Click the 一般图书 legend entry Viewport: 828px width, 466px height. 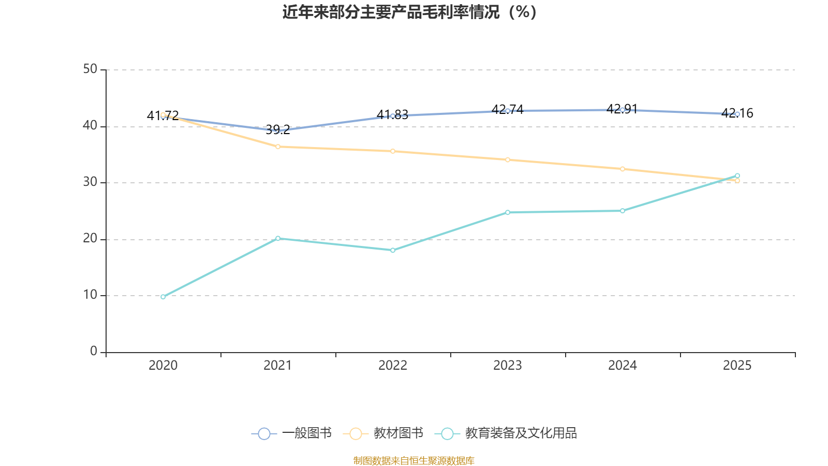coord(292,433)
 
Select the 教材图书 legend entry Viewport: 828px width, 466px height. coord(383,433)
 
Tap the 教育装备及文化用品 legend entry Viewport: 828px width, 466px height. coord(509,433)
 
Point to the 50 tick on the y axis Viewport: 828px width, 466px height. coord(90,69)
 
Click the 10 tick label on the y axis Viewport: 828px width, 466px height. coord(90,295)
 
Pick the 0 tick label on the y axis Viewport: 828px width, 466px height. coord(94,352)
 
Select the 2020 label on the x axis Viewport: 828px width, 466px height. coord(163,366)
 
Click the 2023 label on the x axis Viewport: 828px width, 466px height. coord(508,366)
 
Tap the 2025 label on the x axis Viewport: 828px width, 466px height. coord(737,366)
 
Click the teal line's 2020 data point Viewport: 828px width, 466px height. coord(163,297)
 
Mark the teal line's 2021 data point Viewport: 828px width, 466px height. coord(278,238)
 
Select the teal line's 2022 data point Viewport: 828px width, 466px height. coord(393,250)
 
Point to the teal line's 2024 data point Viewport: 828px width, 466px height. coord(623,211)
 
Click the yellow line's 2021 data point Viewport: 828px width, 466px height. coord(278,147)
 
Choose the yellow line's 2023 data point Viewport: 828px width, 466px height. coord(508,159)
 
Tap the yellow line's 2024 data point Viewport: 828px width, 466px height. coord(623,169)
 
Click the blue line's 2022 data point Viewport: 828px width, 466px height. coord(393,116)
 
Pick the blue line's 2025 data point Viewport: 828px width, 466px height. coord(737,114)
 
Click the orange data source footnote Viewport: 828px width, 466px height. coord(413,460)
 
